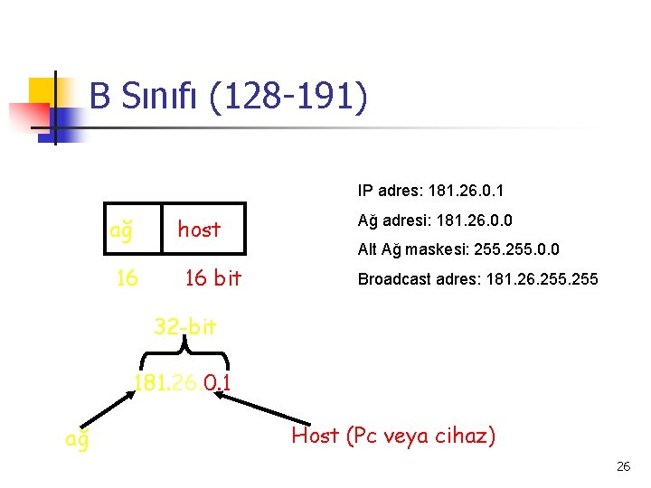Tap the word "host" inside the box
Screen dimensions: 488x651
(x=199, y=230)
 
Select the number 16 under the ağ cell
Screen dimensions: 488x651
(x=127, y=278)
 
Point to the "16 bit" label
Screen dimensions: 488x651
(x=212, y=278)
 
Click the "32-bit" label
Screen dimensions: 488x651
(x=184, y=326)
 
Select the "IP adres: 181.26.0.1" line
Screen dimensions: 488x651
(x=430, y=191)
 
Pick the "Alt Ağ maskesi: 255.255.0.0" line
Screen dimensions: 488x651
(x=458, y=249)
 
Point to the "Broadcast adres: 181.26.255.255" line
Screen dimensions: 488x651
(x=477, y=278)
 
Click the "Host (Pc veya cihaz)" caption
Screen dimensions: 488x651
(x=393, y=436)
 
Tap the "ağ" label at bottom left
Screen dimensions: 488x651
(x=77, y=439)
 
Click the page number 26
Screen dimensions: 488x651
(x=623, y=467)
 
